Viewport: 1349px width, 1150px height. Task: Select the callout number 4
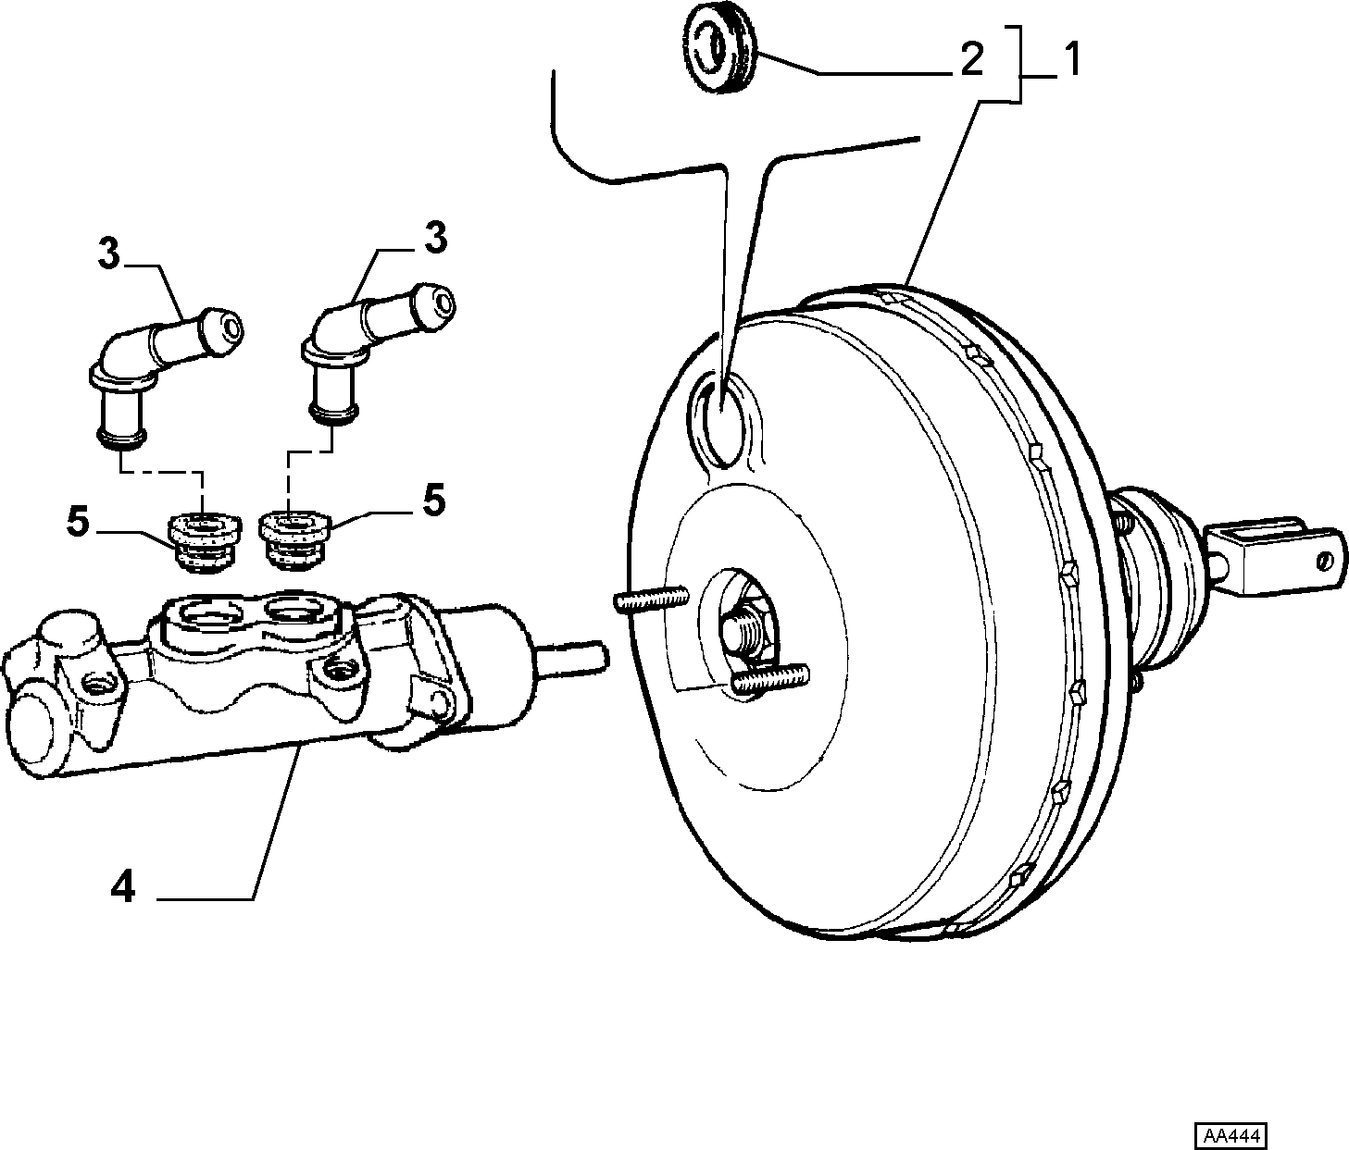pos(123,886)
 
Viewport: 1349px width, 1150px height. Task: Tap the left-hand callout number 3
pos(109,254)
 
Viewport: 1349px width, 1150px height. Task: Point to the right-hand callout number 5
pos(433,501)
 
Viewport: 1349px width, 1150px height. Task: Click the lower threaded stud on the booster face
pos(770,679)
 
